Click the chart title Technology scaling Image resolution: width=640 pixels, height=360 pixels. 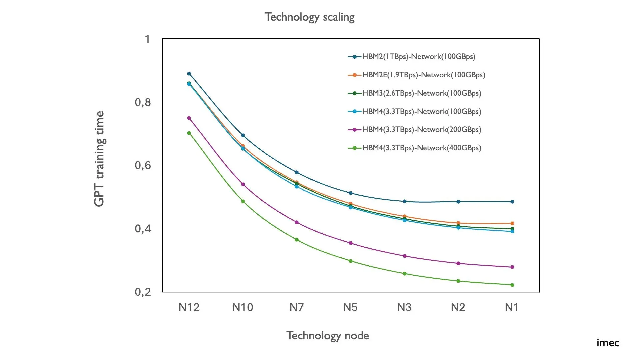pos(309,17)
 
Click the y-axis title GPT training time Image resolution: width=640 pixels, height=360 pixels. pos(99,159)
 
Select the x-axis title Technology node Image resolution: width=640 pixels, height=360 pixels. pos(327,336)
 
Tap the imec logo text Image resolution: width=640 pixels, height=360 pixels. pos(608,343)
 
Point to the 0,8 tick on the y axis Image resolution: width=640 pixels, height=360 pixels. pos(143,102)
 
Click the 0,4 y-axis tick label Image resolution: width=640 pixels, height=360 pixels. pos(143,229)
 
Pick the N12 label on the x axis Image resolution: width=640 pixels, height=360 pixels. pos(189,307)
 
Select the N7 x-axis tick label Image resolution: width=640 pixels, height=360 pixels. pos(296,307)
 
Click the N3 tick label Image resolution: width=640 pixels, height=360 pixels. pos(404,307)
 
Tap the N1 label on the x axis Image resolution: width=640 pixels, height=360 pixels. pos(512,307)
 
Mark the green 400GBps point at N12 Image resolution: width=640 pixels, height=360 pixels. pos(189,133)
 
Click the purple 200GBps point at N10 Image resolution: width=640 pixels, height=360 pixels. pos(243,184)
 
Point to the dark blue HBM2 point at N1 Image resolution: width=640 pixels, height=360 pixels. pos(512,202)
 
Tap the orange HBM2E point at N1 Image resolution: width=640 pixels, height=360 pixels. pos(512,223)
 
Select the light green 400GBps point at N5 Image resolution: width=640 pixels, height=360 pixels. pos(351,261)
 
